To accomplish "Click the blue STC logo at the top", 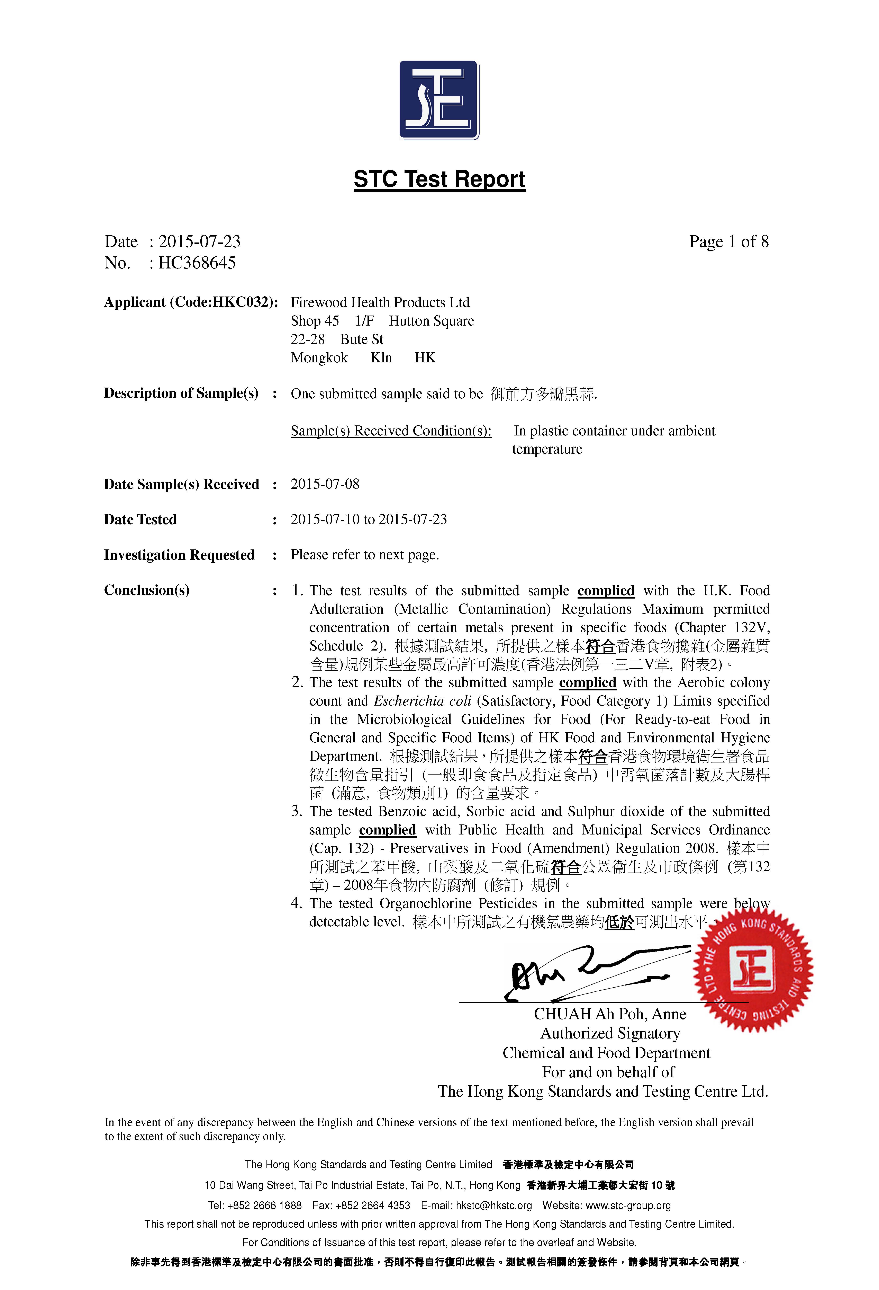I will pyautogui.click(x=439, y=100).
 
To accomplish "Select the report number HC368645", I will pyautogui.click(x=197, y=263).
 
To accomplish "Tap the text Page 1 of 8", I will pyautogui.click(x=729, y=241).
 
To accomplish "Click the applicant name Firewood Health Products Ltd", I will pyautogui.click(x=380, y=302).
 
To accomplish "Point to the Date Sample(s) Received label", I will pyautogui.click(x=181, y=485).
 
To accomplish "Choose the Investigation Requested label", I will pyautogui.click(x=179, y=555).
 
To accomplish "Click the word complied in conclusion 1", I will pyautogui.click(x=606, y=591).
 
